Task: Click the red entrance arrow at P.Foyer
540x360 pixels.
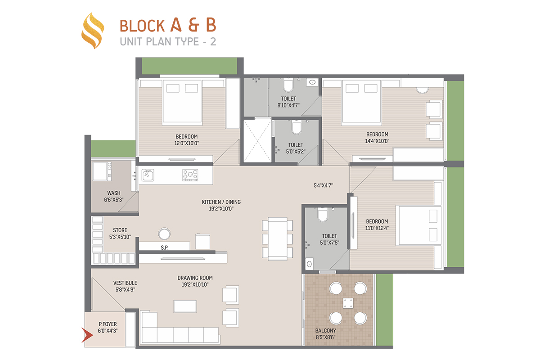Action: [87, 335]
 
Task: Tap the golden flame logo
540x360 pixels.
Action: [93, 31]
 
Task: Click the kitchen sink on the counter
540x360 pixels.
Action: [148, 175]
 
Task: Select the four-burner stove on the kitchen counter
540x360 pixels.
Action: [190, 175]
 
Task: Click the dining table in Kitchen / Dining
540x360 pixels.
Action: [278, 238]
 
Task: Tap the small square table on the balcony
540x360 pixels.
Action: [348, 303]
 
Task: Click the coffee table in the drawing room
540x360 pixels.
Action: [185, 306]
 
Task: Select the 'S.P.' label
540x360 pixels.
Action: [165, 247]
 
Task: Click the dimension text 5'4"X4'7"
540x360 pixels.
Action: [323, 185]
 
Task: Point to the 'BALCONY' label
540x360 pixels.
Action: [325, 331]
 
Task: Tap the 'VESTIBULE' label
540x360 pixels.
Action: [125, 283]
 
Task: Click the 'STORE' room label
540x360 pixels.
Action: [120, 230]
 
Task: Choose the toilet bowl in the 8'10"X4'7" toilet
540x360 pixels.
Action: [288, 85]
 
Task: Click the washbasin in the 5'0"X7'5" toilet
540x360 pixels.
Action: [309, 264]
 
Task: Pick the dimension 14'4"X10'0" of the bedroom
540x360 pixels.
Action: [377, 141]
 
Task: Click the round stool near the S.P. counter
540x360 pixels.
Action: [164, 234]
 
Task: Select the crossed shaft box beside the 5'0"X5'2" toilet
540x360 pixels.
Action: [257, 141]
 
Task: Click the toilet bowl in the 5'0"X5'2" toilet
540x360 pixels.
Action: [296, 127]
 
